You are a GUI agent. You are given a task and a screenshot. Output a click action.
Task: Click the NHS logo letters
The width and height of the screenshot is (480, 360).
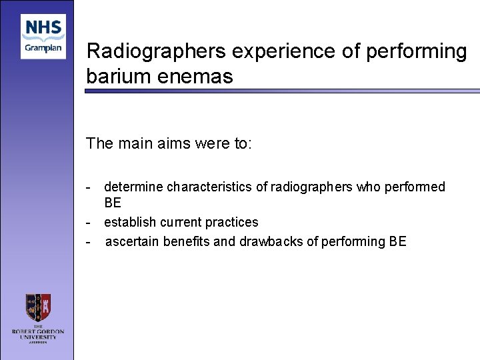(43, 29)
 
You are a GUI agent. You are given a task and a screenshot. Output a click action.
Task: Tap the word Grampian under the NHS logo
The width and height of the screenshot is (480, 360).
(43, 49)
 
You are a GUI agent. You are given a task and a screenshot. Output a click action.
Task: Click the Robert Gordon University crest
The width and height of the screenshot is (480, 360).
(38, 308)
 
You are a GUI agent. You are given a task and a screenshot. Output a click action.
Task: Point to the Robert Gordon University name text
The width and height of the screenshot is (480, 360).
(38, 331)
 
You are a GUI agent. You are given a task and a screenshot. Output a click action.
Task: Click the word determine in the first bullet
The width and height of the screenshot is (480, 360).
(133, 187)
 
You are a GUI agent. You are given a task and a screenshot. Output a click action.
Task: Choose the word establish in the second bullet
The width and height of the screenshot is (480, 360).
(128, 222)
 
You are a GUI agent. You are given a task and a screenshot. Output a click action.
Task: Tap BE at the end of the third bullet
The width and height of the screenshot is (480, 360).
(397, 241)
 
